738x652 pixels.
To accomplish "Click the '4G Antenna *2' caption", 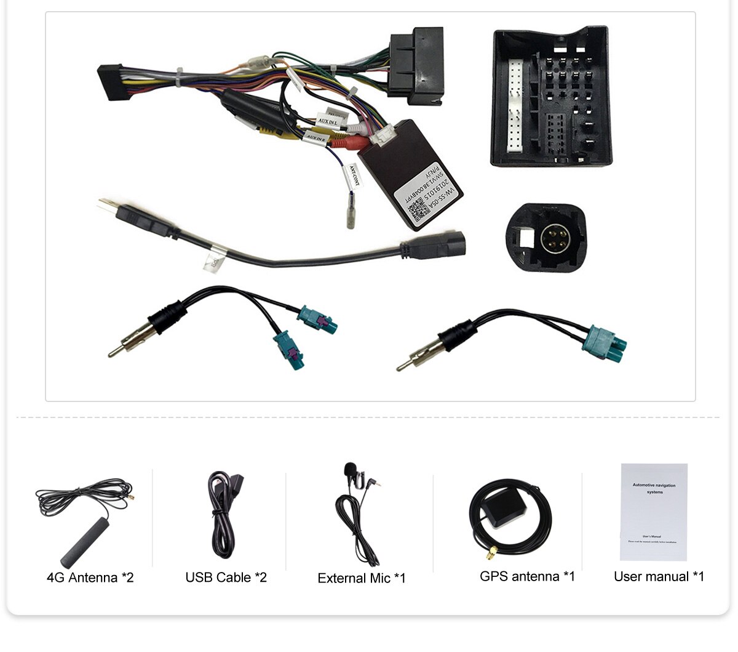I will pyautogui.click(x=90, y=578).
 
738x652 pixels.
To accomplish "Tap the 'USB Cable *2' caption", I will pyautogui.click(x=226, y=578).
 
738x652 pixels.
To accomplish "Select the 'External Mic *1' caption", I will pyautogui.click(x=362, y=578).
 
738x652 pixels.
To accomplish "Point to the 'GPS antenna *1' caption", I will pyautogui.click(x=527, y=576).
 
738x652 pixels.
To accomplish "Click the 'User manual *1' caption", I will pyautogui.click(x=659, y=576).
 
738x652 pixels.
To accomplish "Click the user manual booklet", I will pyautogui.click(x=653, y=512).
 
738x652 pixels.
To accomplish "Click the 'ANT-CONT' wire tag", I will pyautogui.click(x=353, y=176).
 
